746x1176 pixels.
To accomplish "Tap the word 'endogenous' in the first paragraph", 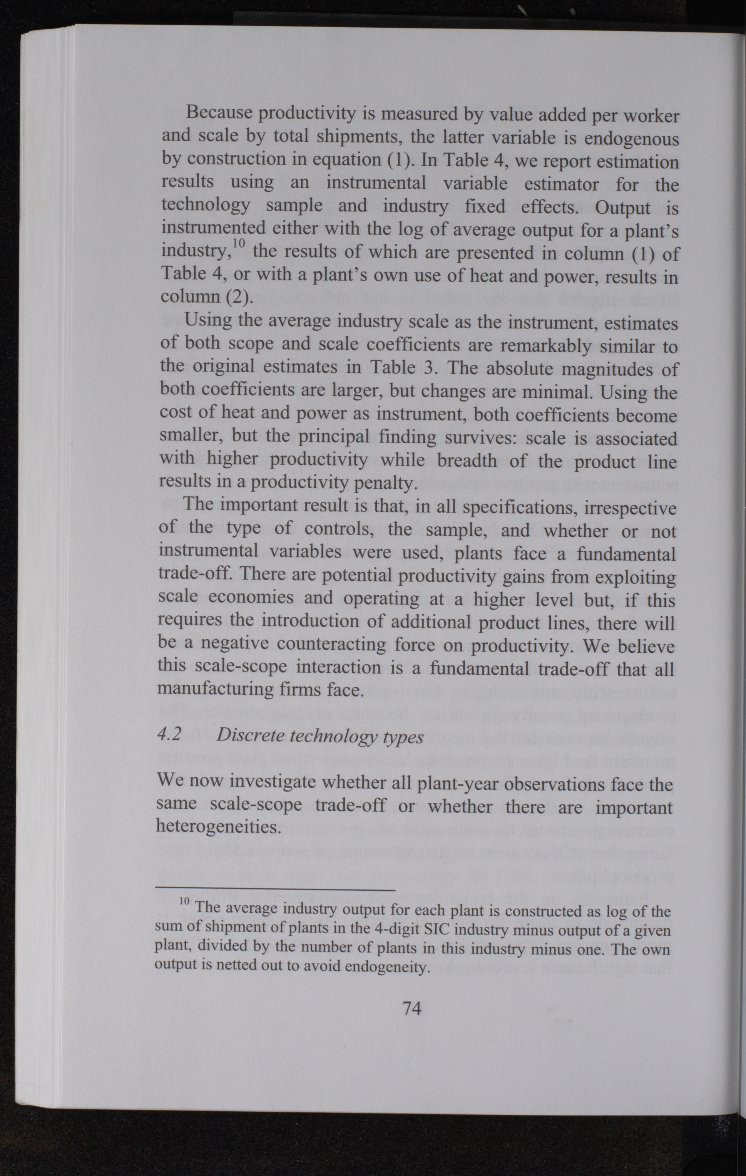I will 631,139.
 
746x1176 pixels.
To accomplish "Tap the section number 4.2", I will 169,735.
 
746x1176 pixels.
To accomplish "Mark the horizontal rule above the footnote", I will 274,890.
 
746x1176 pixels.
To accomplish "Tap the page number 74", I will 411,1007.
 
